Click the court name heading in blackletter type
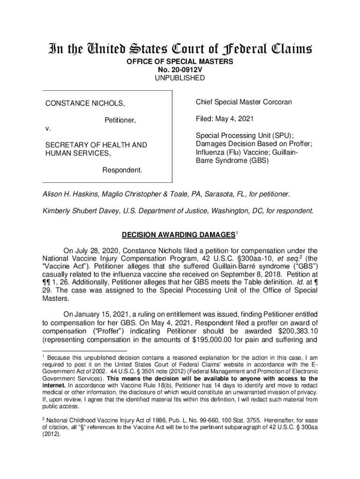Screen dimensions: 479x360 point(180,48)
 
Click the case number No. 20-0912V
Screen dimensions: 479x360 point(180,70)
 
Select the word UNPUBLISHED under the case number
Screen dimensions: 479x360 point(180,78)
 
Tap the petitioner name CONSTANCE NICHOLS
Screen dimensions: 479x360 point(85,103)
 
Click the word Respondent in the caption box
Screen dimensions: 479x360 point(122,169)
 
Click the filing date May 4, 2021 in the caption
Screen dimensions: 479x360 point(231,119)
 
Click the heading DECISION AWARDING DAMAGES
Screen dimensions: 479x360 point(177,234)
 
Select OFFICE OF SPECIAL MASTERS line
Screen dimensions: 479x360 point(180,62)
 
